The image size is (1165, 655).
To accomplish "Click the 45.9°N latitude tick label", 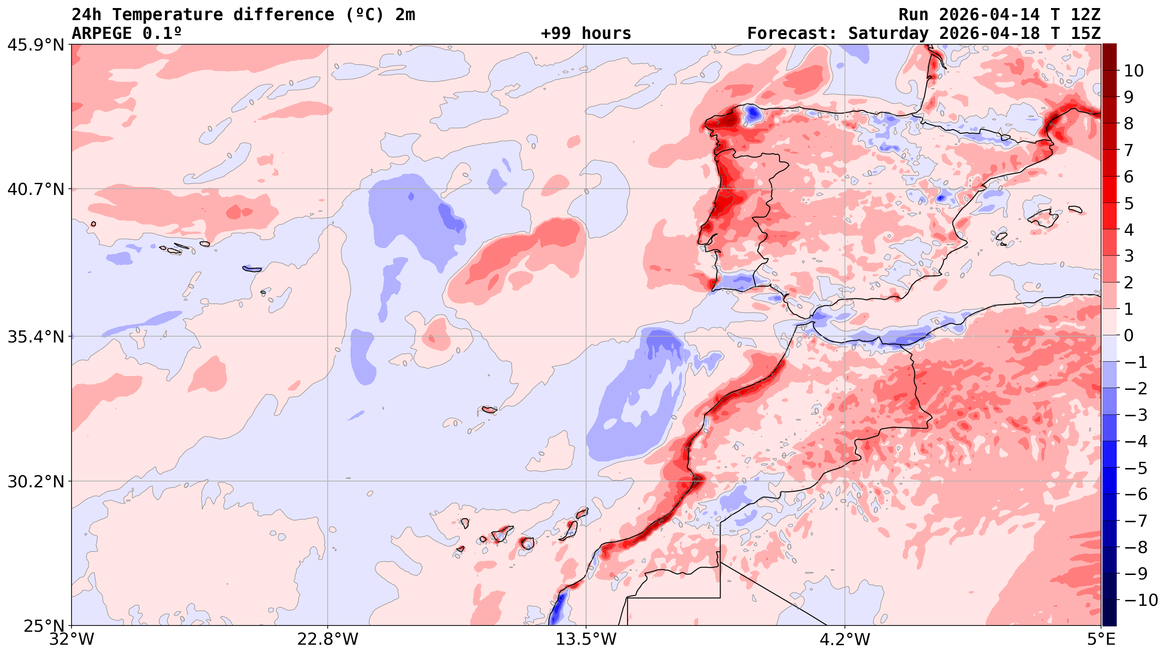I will point(35,45).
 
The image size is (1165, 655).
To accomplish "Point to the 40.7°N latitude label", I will point(35,189).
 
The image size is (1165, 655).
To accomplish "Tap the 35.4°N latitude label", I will point(35,337).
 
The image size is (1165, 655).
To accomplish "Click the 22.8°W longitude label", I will point(327,640).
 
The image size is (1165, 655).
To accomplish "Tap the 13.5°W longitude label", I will point(586,640).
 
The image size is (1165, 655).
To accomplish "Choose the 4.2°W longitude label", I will point(845,640).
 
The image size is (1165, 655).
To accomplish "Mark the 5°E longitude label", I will point(1101,640).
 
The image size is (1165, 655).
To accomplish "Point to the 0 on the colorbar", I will point(1129,336).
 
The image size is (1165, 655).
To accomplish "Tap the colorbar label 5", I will point(1129,203).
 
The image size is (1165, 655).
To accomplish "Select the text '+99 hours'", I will point(586,34).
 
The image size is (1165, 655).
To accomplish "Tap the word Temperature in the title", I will point(167,15).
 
